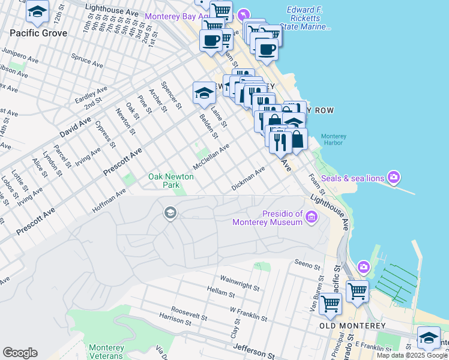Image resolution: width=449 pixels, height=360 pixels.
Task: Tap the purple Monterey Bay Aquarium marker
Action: click(x=243, y=14)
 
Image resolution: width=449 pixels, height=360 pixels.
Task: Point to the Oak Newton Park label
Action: click(x=172, y=181)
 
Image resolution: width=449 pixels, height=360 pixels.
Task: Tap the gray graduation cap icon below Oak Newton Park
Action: click(x=170, y=213)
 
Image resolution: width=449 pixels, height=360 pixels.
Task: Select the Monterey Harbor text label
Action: click(x=334, y=140)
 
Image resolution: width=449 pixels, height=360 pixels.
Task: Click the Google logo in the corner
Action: click(x=20, y=353)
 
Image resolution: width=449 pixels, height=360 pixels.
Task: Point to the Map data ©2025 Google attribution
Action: click(x=412, y=355)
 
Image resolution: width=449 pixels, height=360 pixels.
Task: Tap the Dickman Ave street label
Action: click(x=249, y=179)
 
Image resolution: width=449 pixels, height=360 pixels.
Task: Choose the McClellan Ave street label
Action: click(x=211, y=157)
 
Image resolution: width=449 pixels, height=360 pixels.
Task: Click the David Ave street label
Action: click(x=76, y=128)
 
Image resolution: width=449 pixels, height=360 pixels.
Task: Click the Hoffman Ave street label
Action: click(x=109, y=201)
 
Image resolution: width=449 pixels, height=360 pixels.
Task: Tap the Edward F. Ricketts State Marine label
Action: click(x=309, y=19)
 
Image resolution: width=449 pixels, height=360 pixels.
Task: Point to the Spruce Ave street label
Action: click(x=86, y=60)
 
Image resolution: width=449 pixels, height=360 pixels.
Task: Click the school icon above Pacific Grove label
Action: click(x=37, y=11)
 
